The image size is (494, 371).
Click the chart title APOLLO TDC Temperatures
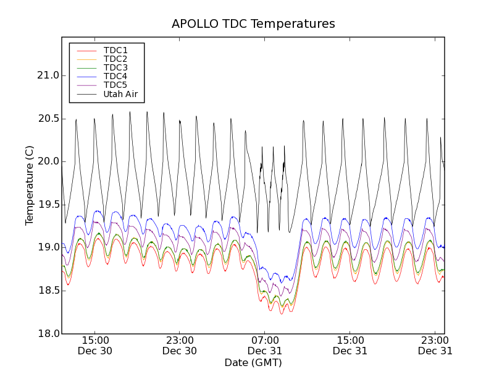tap(253, 24)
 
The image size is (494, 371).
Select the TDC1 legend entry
tap(115, 50)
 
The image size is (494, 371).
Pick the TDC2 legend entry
tap(115, 59)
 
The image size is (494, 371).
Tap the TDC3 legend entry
tap(115, 67)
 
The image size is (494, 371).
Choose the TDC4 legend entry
tap(115, 76)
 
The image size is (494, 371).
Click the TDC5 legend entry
tap(115, 85)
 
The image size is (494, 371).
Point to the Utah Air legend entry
tap(120, 94)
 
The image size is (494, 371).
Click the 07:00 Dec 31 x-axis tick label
tap(265, 345)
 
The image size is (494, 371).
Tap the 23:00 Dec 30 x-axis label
tap(180, 345)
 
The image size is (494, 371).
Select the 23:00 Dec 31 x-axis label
tap(435, 345)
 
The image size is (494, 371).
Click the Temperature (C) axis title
tap(30, 185)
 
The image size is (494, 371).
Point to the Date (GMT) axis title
tap(253, 362)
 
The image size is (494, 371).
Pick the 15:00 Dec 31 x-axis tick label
tap(350, 345)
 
